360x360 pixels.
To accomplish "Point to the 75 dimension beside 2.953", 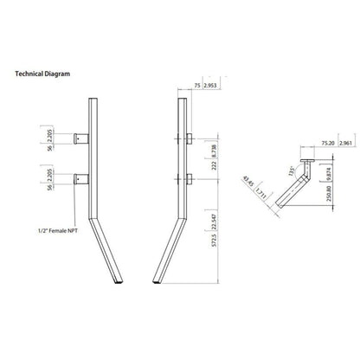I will pos(197,88).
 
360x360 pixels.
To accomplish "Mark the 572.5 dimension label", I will pos(214,248).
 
